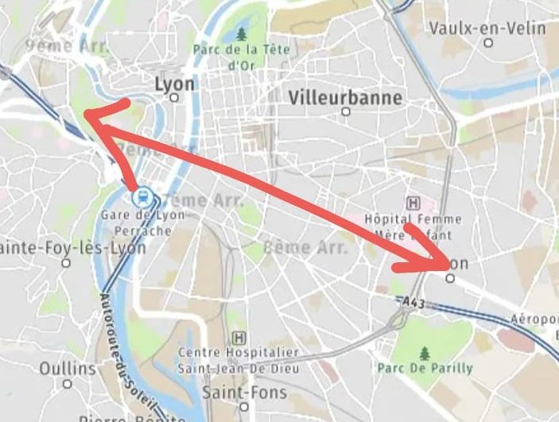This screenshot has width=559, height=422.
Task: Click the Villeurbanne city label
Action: (x=345, y=97)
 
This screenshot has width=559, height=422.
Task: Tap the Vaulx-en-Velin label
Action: (x=487, y=29)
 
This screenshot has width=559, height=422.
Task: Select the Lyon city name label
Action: (x=174, y=83)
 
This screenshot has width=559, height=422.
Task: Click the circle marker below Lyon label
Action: (x=174, y=99)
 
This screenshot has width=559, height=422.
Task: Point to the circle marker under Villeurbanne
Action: (x=345, y=112)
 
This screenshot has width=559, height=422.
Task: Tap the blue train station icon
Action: (x=142, y=196)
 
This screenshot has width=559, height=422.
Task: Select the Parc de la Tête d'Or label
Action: (x=242, y=56)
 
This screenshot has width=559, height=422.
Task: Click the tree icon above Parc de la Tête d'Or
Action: (x=242, y=34)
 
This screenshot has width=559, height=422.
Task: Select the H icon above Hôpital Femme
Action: (x=413, y=203)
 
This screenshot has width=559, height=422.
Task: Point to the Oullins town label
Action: (x=68, y=369)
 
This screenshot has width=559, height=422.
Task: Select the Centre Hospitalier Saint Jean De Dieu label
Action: (x=238, y=360)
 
